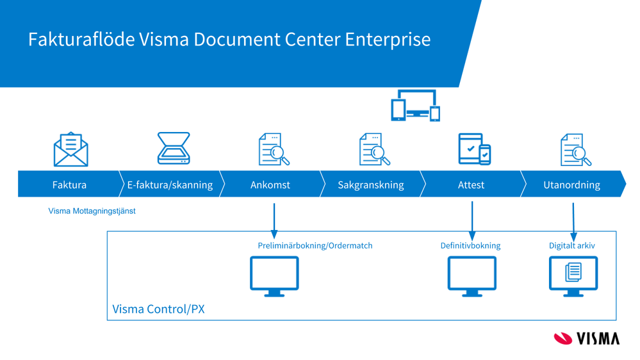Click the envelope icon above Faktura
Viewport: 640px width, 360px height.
click(x=70, y=149)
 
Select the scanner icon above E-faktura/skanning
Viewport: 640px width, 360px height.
click(x=174, y=149)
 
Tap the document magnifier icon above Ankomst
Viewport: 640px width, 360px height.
click(x=274, y=149)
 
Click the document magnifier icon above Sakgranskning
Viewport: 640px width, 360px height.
click(x=375, y=149)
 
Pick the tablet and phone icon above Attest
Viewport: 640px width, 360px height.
click(x=475, y=149)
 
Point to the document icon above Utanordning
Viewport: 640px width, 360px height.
click(x=575, y=149)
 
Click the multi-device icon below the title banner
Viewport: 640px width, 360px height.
click(x=415, y=106)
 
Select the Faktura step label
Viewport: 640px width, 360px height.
click(x=69, y=184)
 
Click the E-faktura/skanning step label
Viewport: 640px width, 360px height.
click(x=170, y=184)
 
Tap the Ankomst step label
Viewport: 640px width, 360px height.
click(x=270, y=184)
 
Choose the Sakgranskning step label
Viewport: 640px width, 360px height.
click(x=371, y=184)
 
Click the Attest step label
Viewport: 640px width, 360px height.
click(x=471, y=184)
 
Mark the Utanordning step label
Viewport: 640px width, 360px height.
click(x=571, y=184)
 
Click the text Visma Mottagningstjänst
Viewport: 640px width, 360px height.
click(x=92, y=211)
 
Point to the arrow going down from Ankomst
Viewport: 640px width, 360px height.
click(x=274, y=221)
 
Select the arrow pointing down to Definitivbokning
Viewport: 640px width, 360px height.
click(x=472, y=221)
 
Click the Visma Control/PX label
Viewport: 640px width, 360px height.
click(x=158, y=309)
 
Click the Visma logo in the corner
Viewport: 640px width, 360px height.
click(x=586, y=338)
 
